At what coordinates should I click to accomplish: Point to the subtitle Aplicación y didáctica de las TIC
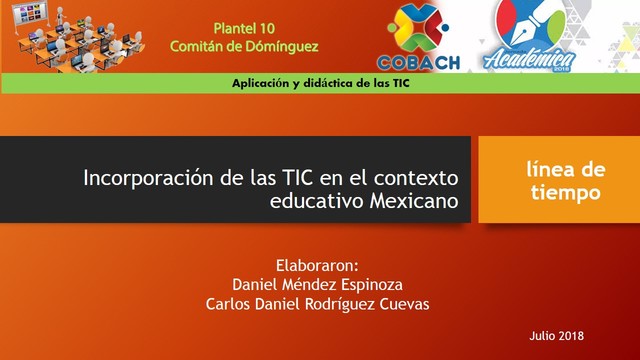pyautogui.click(x=319, y=84)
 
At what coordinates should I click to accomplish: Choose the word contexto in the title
pyautogui.click(x=417, y=179)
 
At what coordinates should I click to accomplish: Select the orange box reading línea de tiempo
pyautogui.click(x=558, y=180)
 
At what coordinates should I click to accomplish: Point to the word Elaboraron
pyautogui.click(x=316, y=265)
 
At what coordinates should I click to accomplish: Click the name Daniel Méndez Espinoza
pyautogui.click(x=316, y=285)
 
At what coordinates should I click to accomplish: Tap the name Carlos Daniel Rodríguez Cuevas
pyautogui.click(x=316, y=305)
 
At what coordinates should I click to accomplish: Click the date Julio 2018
pyautogui.click(x=557, y=334)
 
